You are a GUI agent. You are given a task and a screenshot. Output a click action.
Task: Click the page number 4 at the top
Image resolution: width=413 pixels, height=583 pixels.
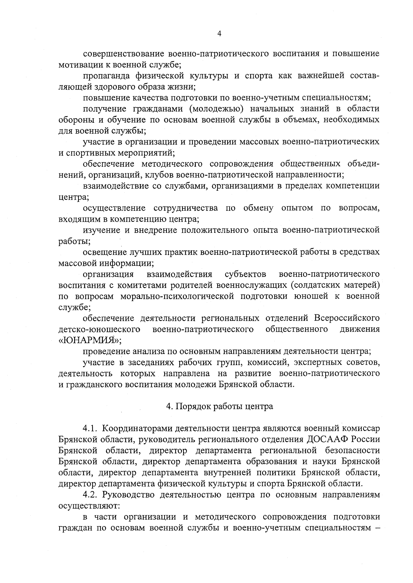(219, 33)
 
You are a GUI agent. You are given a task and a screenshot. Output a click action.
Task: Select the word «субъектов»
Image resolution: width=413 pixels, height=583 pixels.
(245, 274)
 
